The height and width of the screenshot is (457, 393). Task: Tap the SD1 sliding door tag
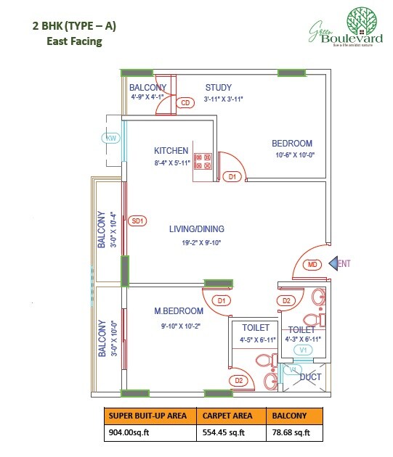(137, 221)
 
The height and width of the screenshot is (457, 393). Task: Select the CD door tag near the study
(185, 103)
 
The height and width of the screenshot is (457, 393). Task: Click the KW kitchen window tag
(112, 137)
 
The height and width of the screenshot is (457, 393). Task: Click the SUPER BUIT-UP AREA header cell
(150, 416)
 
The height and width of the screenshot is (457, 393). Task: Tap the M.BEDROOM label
(179, 311)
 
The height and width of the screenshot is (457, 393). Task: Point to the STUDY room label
(218, 87)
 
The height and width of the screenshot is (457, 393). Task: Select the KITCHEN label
(171, 150)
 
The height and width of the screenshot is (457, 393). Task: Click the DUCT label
(311, 376)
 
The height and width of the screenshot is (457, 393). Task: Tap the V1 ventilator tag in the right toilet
(304, 350)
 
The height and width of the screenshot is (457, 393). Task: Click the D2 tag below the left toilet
(239, 380)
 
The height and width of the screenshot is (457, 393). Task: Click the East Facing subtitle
(70, 41)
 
